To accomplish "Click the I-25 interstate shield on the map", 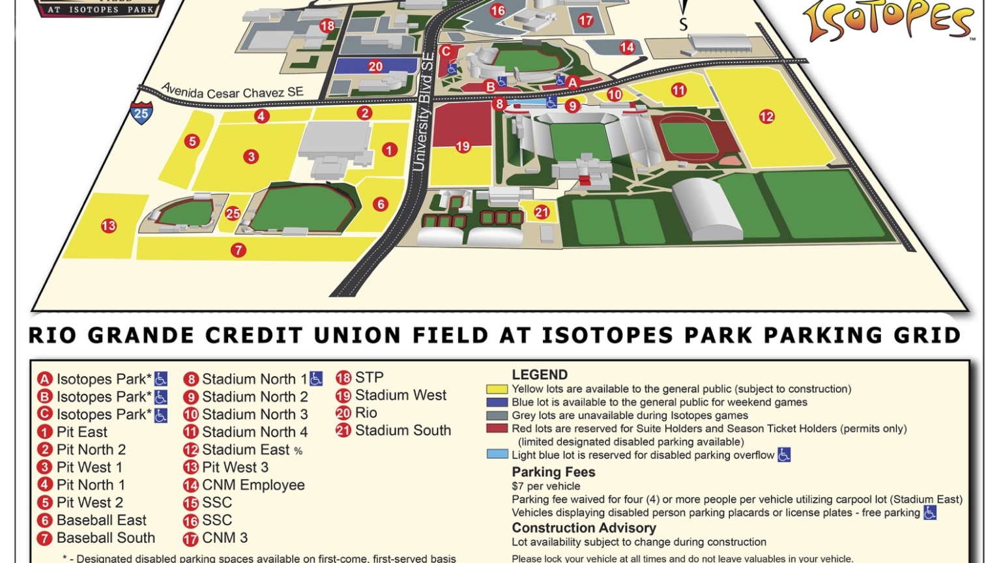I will click(x=141, y=112).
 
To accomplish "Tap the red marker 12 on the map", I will click(x=766, y=117).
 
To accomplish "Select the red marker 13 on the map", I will click(x=108, y=226).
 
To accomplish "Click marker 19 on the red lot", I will click(x=463, y=147).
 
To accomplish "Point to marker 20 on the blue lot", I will click(x=375, y=66).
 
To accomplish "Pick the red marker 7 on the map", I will click(x=239, y=250).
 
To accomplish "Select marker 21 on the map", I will click(x=542, y=212).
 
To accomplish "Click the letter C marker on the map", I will click(x=446, y=51).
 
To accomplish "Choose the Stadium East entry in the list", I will click(x=245, y=450).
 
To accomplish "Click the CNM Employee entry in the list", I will click(x=253, y=485).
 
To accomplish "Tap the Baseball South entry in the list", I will click(x=106, y=538).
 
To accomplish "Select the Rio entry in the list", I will click(x=366, y=412).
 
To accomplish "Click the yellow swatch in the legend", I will click(x=497, y=389).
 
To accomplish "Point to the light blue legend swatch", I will click(x=497, y=454).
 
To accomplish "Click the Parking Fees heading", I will click(x=553, y=472).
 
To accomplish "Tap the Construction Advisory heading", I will click(x=583, y=528).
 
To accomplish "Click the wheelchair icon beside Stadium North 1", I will click(x=316, y=379).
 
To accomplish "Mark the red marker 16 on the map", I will click(x=498, y=10).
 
